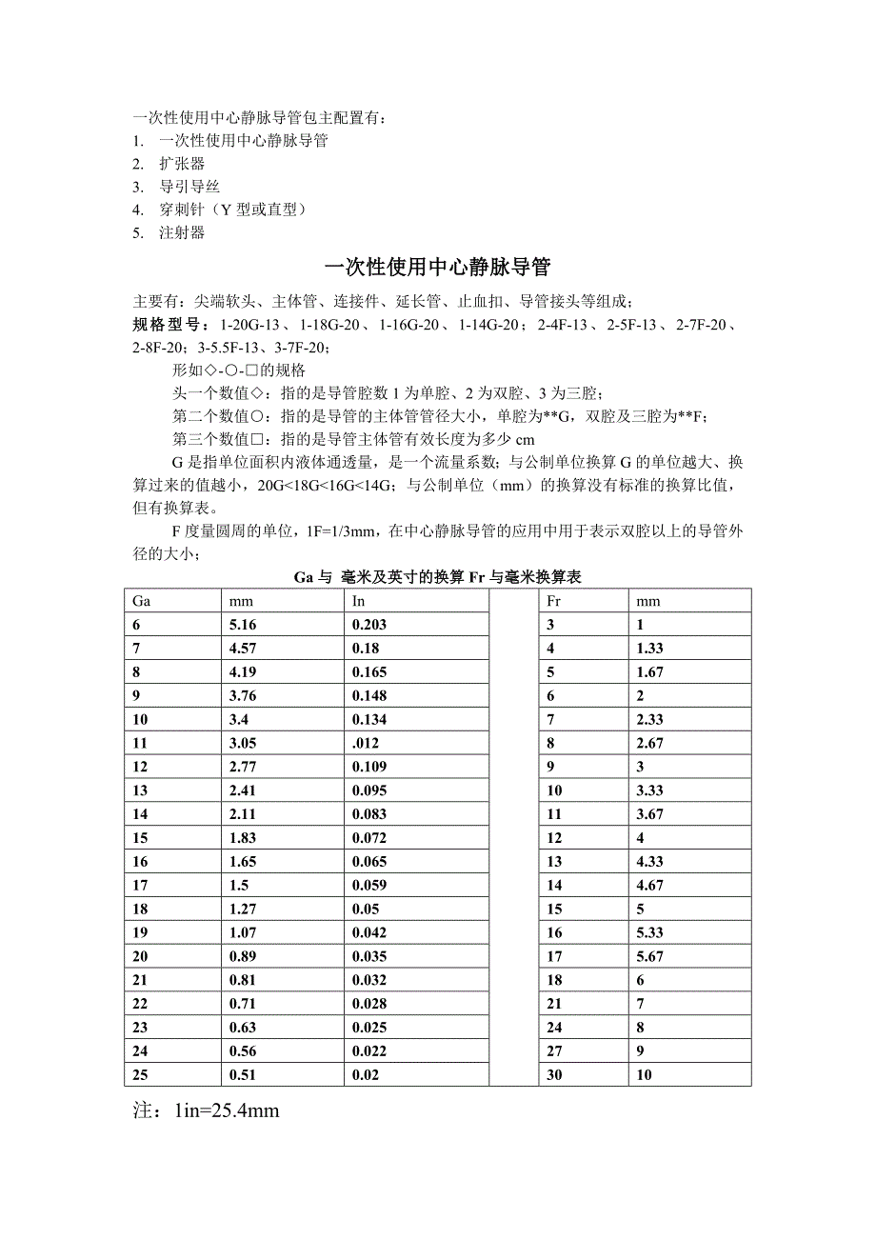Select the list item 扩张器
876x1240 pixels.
click(x=182, y=164)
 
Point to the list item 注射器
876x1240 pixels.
click(x=182, y=232)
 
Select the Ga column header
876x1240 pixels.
click(x=142, y=601)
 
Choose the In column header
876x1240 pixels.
click(x=359, y=601)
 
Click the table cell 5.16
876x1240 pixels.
click(x=243, y=625)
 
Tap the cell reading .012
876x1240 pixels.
click(x=366, y=743)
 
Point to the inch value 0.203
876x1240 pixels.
click(x=369, y=625)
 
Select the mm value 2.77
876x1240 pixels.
click(x=243, y=767)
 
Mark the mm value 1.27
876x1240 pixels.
click(x=243, y=909)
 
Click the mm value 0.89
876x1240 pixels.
click(x=243, y=956)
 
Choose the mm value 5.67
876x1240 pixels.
click(x=650, y=956)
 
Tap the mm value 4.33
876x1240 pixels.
click(x=650, y=862)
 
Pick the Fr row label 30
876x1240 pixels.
click(x=554, y=1074)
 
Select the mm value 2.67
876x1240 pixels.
click(x=650, y=743)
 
